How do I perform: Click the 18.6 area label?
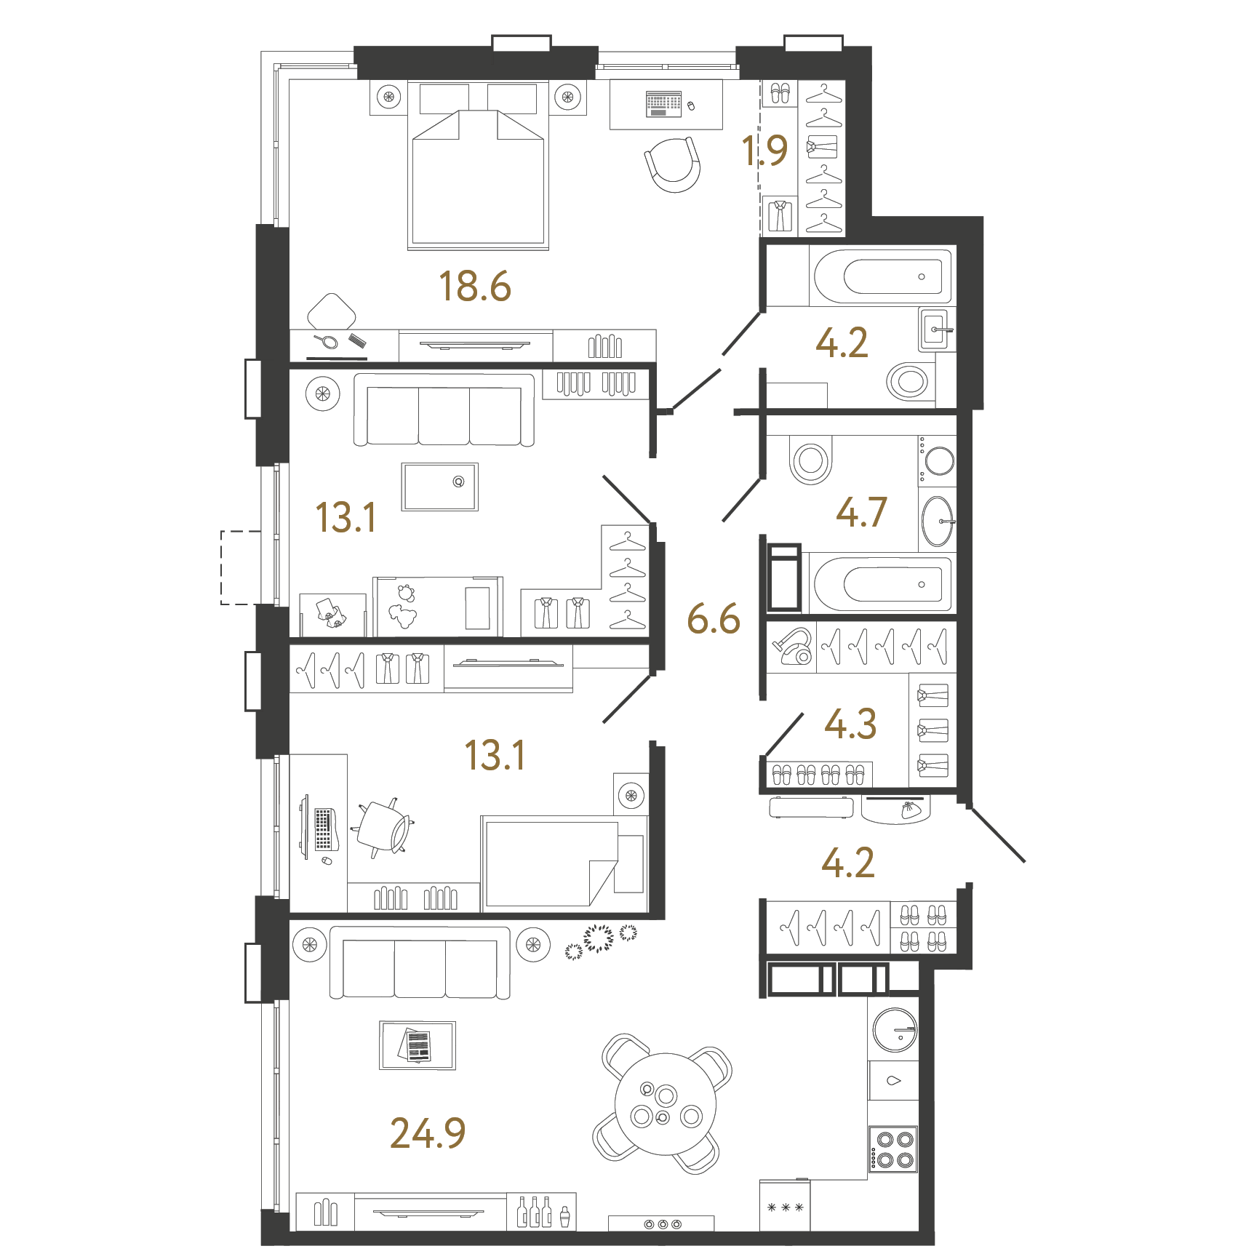(x=475, y=286)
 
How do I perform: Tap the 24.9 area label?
(x=428, y=1133)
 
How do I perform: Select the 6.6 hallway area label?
(x=714, y=619)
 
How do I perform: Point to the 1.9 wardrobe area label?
(x=764, y=151)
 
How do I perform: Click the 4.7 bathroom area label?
(x=862, y=512)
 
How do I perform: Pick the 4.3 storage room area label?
(x=850, y=724)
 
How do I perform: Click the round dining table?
(x=665, y=1104)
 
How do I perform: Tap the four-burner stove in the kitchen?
(x=894, y=1149)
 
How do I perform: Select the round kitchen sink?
(x=895, y=1030)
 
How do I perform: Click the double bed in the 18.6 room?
(x=478, y=165)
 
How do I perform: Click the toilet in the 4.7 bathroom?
(x=811, y=460)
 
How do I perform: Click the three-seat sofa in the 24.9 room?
(x=420, y=962)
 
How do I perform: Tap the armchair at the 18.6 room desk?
(x=674, y=164)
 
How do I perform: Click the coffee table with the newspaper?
(x=418, y=1045)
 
